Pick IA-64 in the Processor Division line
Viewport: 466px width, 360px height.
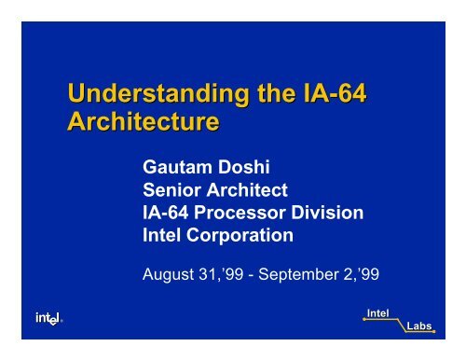[164, 214]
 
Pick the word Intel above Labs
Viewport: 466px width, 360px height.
[377, 312]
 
